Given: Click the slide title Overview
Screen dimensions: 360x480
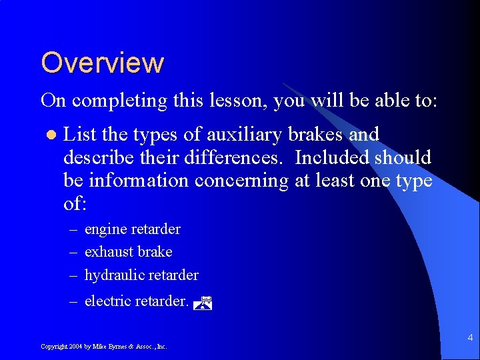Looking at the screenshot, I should (x=102, y=63).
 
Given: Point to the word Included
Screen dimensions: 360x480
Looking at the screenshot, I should (x=331, y=158).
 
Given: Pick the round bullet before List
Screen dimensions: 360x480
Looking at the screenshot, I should (x=49, y=135).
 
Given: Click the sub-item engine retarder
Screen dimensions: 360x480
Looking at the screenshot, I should (x=132, y=229).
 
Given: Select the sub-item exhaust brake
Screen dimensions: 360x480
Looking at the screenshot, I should (x=128, y=252).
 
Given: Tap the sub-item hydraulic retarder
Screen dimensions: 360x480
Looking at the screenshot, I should (x=141, y=275).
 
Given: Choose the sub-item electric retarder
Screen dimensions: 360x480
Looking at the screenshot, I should (x=137, y=301).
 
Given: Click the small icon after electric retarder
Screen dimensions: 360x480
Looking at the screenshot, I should (x=203, y=304).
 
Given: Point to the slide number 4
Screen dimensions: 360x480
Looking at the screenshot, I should (x=470, y=338).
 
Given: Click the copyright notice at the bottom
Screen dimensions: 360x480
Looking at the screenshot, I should (x=104, y=347).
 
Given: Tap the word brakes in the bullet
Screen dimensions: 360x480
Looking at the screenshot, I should (x=316, y=135).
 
